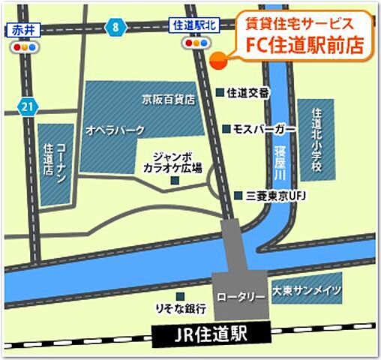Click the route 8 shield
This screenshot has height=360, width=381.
[x=115, y=27]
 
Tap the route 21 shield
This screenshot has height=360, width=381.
[x=28, y=107]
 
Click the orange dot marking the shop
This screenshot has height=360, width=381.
[x=217, y=61]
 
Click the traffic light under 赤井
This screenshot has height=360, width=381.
[x=24, y=46]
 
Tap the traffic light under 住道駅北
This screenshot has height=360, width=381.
[x=196, y=43]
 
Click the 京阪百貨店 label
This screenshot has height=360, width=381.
[x=169, y=98]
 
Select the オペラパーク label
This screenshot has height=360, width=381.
[x=115, y=130]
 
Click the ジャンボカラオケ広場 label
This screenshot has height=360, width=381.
[x=172, y=163]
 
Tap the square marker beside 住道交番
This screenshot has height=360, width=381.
[x=220, y=92]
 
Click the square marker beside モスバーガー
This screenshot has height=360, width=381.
[x=226, y=128]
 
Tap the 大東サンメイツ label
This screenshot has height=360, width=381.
[x=307, y=290]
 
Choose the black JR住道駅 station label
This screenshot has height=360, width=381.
[x=208, y=331]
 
